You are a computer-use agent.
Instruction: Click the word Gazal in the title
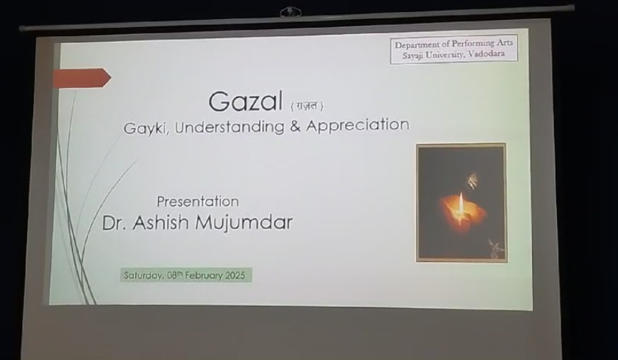[x=245, y=102]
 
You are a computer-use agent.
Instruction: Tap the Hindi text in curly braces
[x=307, y=106]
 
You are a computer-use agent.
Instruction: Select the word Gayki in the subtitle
[x=146, y=129]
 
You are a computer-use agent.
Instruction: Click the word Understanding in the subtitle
[x=229, y=127]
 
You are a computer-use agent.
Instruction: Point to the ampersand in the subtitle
[x=295, y=126]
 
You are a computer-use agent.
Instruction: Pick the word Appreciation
[x=357, y=125]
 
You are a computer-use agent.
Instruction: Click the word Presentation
[x=198, y=202]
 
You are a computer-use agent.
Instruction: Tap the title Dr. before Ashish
[x=114, y=223]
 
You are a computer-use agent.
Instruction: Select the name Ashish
[x=161, y=222]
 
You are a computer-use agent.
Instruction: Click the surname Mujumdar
[x=244, y=222]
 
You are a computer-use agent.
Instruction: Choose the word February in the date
[x=204, y=275]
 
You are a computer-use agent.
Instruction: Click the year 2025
[x=235, y=275]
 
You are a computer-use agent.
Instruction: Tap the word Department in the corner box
[x=418, y=45]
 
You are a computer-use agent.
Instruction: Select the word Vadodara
[x=487, y=53]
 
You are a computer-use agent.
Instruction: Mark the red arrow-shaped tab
[x=82, y=77]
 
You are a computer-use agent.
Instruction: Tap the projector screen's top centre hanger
[x=291, y=12]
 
